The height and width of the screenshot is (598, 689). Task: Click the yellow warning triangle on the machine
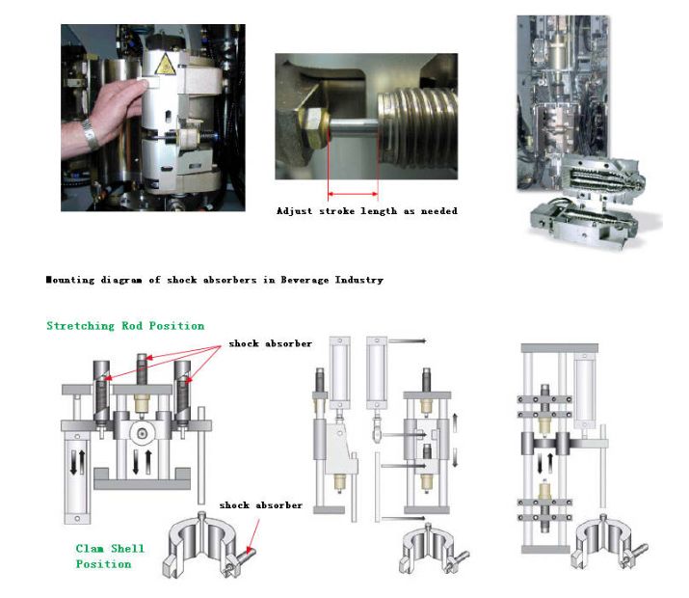pos(165,65)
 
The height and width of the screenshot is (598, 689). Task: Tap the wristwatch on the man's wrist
pos(91,134)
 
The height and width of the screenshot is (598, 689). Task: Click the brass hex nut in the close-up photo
pos(312,123)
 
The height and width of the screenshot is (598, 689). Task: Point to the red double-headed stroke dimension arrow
pos(353,194)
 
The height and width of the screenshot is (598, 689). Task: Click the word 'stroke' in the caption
pos(336,211)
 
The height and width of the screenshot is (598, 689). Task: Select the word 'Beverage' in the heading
pos(305,280)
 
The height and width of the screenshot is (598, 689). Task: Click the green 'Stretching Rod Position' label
pos(125,326)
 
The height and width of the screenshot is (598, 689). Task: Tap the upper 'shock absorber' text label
pos(271,343)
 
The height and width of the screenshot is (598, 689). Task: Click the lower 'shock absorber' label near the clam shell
pos(261,505)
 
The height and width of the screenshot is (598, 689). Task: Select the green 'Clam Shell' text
pos(110,548)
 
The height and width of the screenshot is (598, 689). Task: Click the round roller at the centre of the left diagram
pos(142,434)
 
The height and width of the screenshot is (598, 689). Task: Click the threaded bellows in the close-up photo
pos(417,124)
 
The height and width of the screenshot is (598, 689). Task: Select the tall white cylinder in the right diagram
pos(584,391)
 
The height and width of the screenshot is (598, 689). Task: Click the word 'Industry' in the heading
pos(359,280)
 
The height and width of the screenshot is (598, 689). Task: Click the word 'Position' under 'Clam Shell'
pos(104,564)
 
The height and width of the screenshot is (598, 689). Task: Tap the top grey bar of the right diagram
pos(559,348)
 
